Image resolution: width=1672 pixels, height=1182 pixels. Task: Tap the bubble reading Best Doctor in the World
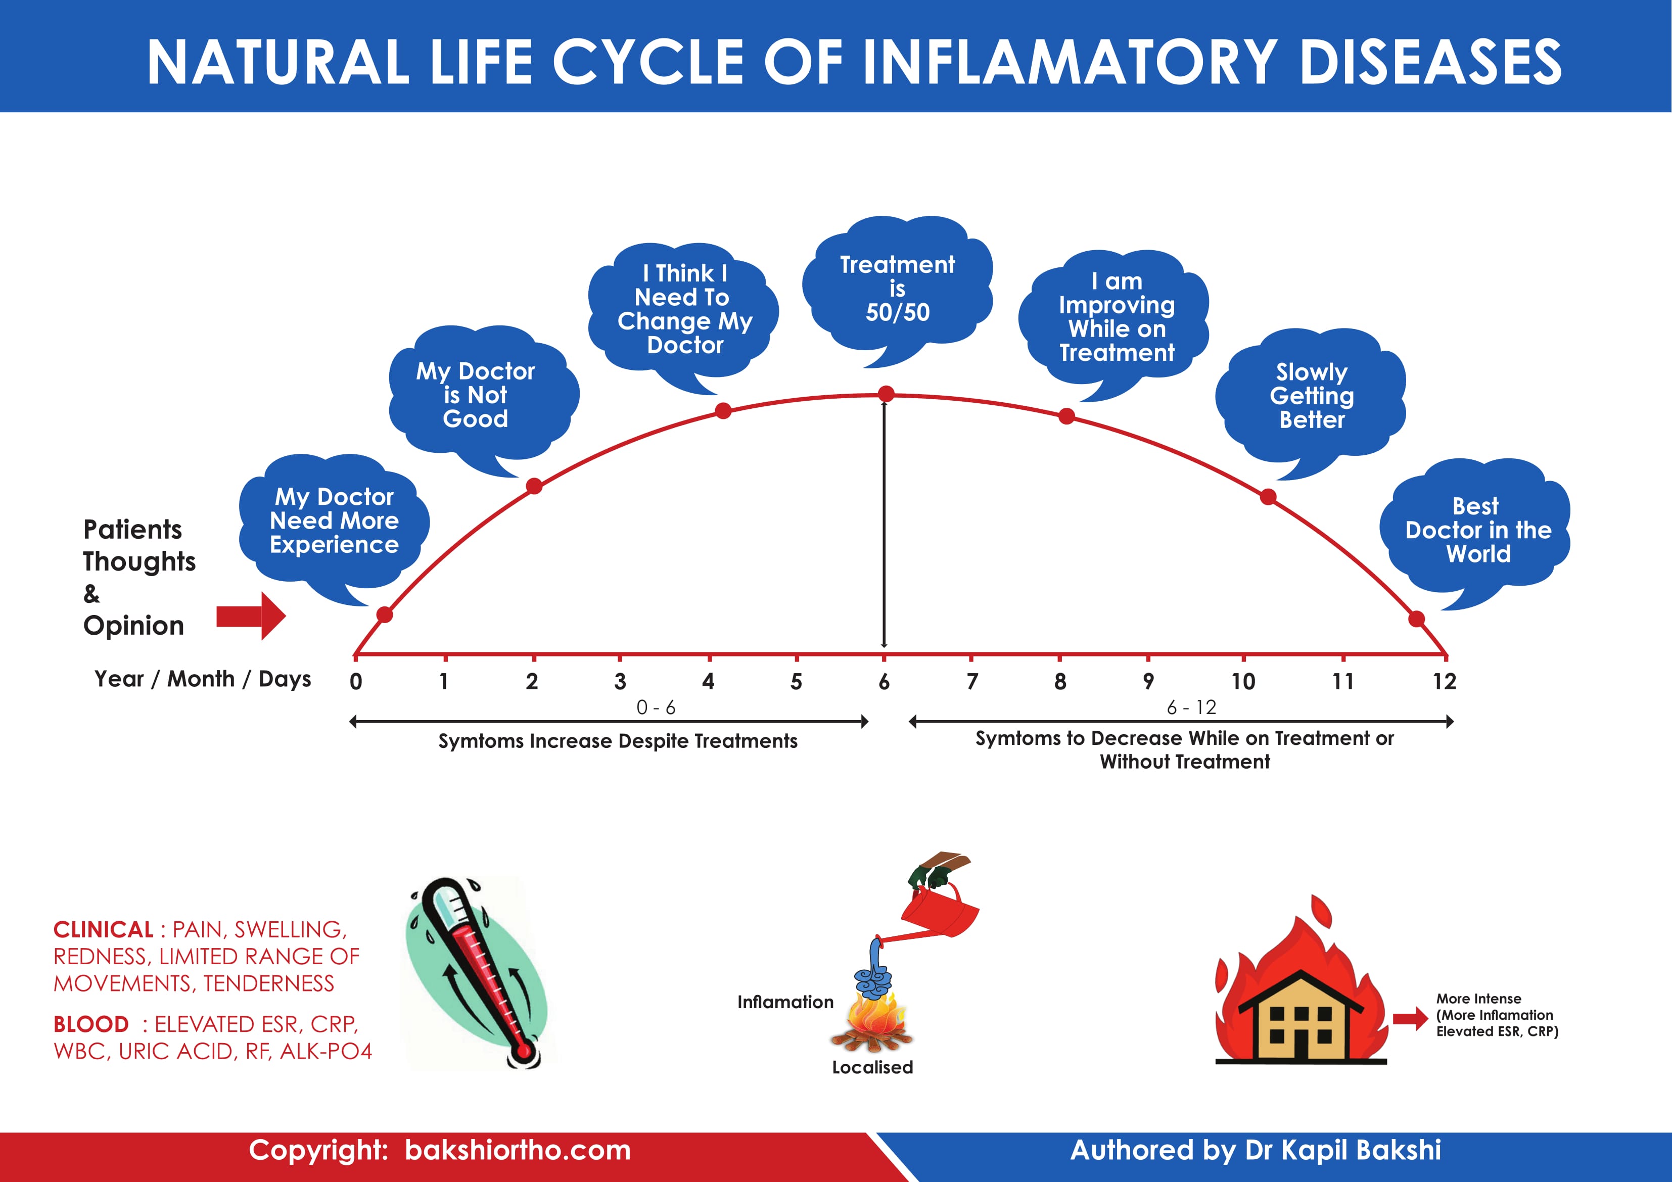(1477, 530)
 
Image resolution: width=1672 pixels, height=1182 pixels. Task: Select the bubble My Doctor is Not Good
(476, 395)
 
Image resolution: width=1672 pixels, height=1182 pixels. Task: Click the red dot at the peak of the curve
(886, 394)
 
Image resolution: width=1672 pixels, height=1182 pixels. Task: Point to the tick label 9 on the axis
(1148, 682)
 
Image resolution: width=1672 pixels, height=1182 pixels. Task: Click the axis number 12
(1444, 682)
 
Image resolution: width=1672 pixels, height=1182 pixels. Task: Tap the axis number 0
(355, 682)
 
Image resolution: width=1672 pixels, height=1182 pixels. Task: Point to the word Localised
(872, 1067)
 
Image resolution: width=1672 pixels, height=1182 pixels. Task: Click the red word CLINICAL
(103, 930)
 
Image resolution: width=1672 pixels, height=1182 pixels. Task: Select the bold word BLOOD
(91, 1025)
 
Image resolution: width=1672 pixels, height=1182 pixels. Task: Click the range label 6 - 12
(1191, 707)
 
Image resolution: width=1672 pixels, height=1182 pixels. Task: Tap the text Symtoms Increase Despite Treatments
(618, 741)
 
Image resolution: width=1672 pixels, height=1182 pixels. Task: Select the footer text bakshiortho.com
(518, 1151)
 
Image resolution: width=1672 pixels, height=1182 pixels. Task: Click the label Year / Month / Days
(203, 679)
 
